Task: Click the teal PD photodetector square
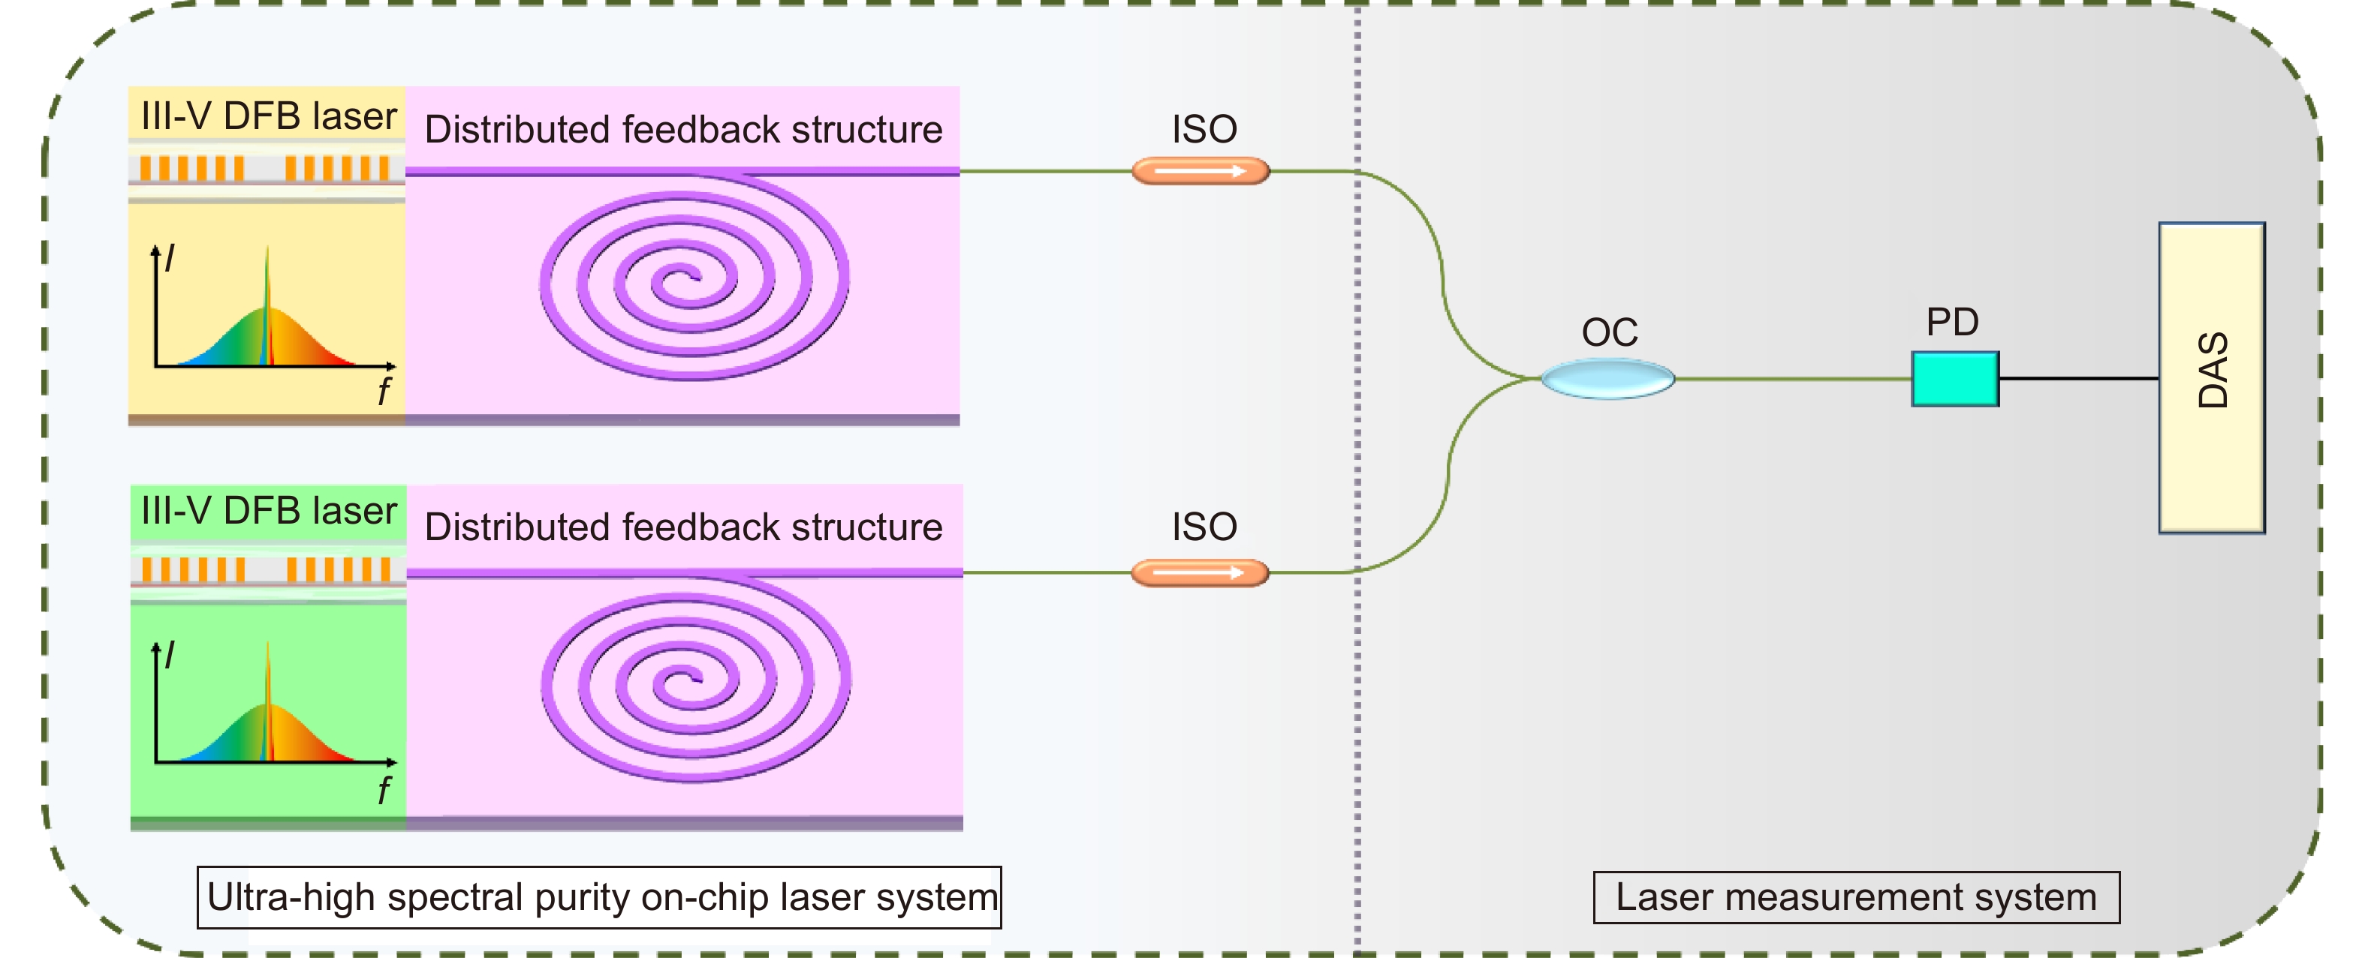tap(1954, 378)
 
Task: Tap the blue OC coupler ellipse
tap(1607, 378)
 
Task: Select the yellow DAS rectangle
tap(2211, 377)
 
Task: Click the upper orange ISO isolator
tap(1200, 171)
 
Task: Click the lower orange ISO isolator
tap(1199, 572)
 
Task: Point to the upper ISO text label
tap(1204, 129)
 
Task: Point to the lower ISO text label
tap(1204, 527)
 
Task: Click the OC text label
tap(1610, 332)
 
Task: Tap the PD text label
tap(1952, 322)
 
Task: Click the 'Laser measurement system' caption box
tap(1855, 896)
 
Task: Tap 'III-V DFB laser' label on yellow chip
tap(268, 116)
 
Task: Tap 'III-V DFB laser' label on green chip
tap(268, 511)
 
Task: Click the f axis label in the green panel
tap(384, 789)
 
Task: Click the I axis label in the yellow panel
tap(169, 258)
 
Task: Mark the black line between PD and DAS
tap(2078, 378)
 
